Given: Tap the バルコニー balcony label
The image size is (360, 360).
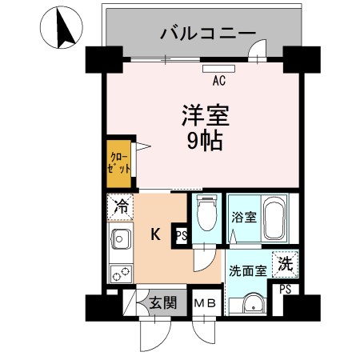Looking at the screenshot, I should click(x=207, y=33).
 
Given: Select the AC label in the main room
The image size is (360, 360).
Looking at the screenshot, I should click(x=218, y=80).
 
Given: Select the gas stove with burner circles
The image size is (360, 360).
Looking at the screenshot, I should click(x=121, y=272).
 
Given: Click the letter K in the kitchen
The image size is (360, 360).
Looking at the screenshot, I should click(x=156, y=235).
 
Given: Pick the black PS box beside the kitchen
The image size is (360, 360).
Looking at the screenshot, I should click(x=181, y=235).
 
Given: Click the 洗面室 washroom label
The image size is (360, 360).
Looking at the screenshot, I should click(x=247, y=270).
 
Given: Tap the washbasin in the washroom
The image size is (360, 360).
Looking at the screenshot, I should click(x=251, y=304).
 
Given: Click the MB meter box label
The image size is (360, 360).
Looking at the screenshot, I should click(x=206, y=303).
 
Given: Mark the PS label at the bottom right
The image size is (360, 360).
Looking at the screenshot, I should click(x=285, y=290).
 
